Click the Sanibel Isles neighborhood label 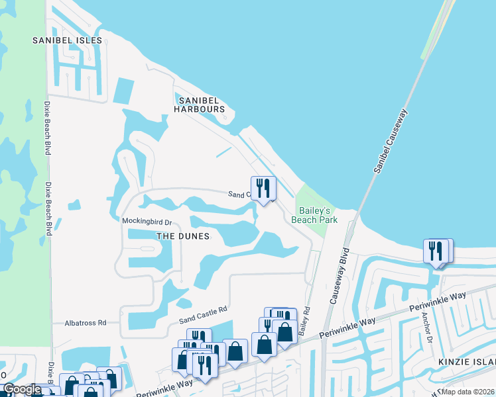pyautogui.click(x=68, y=40)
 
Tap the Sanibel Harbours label pyautogui.click(x=200, y=104)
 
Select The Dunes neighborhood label pyautogui.click(x=182, y=236)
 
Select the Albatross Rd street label pyautogui.click(x=86, y=323)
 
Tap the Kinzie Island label pyautogui.click(x=467, y=363)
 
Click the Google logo pyautogui.click(x=21, y=389)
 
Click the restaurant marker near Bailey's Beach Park pyautogui.click(x=263, y=189)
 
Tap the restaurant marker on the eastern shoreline pyautogui.click(x=436, y=251)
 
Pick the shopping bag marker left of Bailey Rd pyautogui.click(x=284, y=331)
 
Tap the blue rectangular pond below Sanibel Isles pyautogui.click(x=123, y=91)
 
